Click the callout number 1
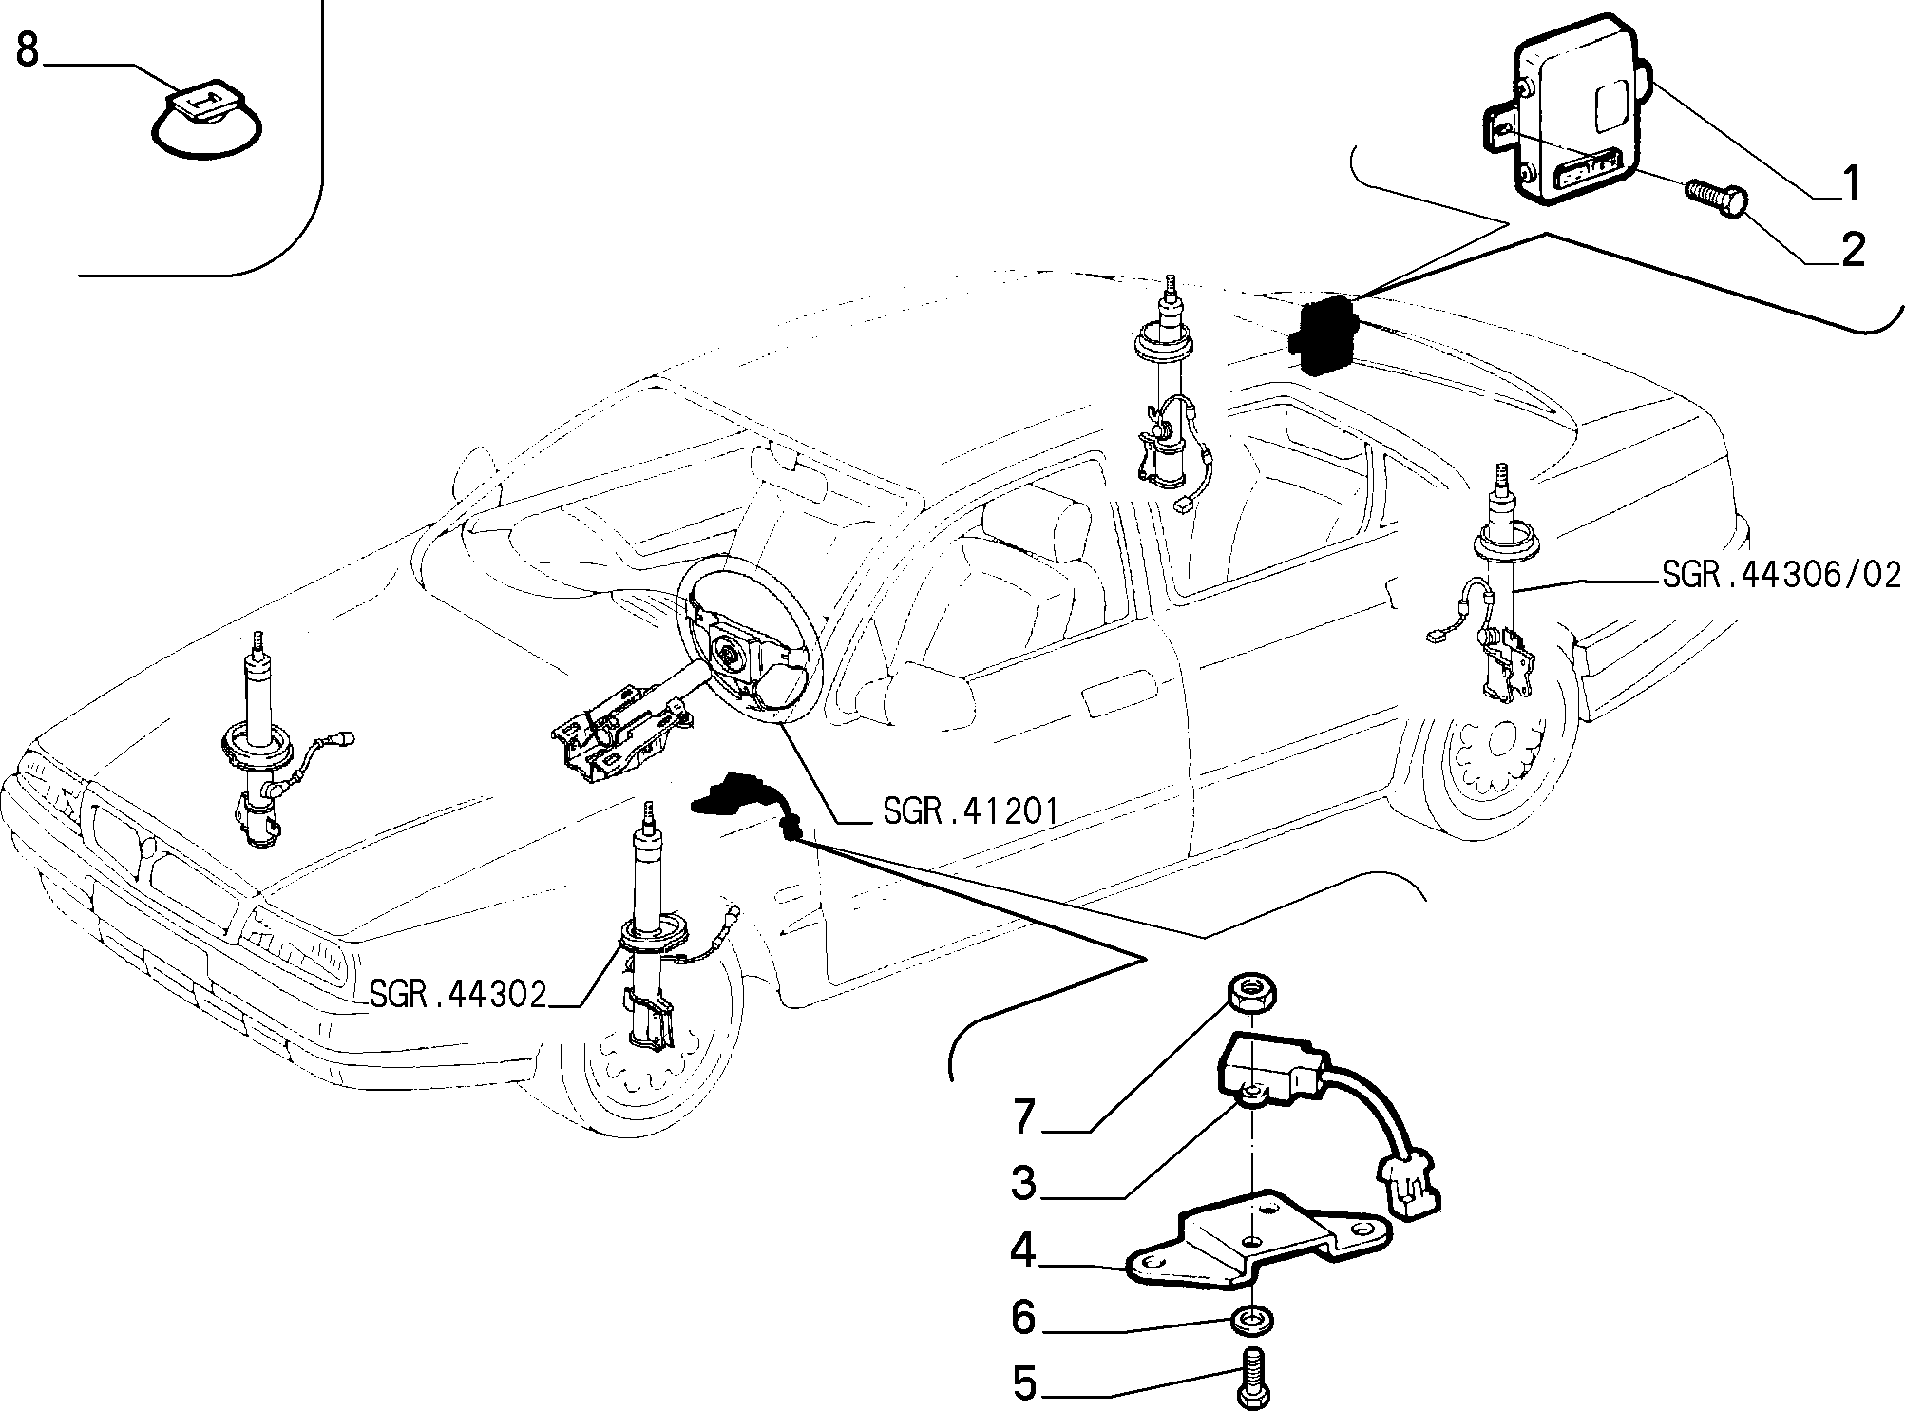click(x=1850, y=182)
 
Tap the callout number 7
click(x=1023, y=1116)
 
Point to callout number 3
click(x=1023, y=1184)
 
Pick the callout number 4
click(x=1023, y=1251)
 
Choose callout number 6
click(x=1023, y=1317)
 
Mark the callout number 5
click(x=1023, y=1382)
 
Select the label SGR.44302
click(x=458, y=994)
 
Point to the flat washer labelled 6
click(x=1252, y=1319)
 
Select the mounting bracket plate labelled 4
click(x=1254, y=1242)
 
